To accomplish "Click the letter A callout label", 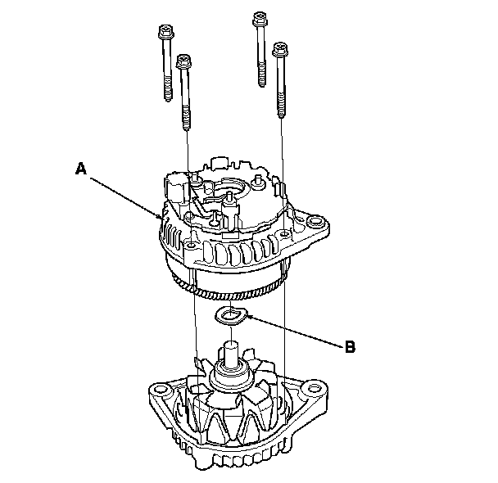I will click(79, 169).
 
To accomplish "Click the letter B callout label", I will click(349, 346).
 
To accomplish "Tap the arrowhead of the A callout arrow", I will click(161, 218).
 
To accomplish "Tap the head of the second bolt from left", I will click(183, 61).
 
